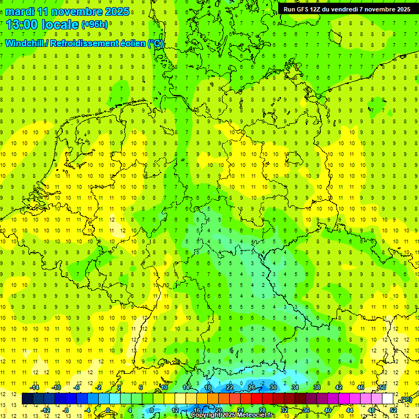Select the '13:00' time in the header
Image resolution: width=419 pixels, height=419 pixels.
tap(22, 25)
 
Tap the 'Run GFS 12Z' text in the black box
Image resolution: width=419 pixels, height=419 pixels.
tap(303, 9)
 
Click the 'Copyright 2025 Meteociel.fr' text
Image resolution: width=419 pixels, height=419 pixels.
tap(234, 415)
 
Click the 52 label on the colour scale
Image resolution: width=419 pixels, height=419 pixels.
tap(393, 410)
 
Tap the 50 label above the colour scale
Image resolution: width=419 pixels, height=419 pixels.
tap(382, 387)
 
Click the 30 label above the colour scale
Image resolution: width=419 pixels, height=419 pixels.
tap(273, 387)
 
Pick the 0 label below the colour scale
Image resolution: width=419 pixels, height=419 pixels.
tap(108, 410)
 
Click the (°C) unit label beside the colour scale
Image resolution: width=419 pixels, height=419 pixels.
tap(405, 399)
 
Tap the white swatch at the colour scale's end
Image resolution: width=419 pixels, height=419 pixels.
tap(388, 399)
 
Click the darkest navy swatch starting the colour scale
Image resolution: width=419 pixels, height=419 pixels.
tap(27, 399)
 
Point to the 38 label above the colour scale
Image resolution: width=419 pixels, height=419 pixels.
tap(317, 387)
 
